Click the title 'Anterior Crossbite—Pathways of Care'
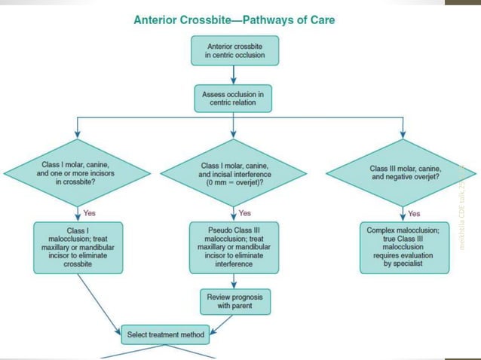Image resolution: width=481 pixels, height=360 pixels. click(234, 20)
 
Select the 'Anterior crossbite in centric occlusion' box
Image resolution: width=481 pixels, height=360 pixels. click(234, 50)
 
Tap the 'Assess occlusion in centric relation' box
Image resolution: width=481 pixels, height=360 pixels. click(234, 97)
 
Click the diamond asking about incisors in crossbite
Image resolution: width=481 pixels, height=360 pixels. click(78, 174)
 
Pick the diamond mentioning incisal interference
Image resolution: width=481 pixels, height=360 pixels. click(234, 175)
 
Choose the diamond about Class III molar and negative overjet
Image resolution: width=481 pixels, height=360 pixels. click(401, 174)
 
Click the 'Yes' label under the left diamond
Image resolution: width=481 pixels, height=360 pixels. click(88, 213)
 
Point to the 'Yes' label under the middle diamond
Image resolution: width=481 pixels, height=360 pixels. click(244, 213)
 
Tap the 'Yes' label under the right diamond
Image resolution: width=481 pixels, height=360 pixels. click(414, 213)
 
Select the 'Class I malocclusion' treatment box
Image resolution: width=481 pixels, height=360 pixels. click(78, 246)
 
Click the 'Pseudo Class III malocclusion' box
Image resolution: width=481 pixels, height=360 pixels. click(234, 246)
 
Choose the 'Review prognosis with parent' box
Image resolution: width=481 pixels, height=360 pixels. click(234, 302)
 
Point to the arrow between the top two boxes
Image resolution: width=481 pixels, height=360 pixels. click(234, 74)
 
